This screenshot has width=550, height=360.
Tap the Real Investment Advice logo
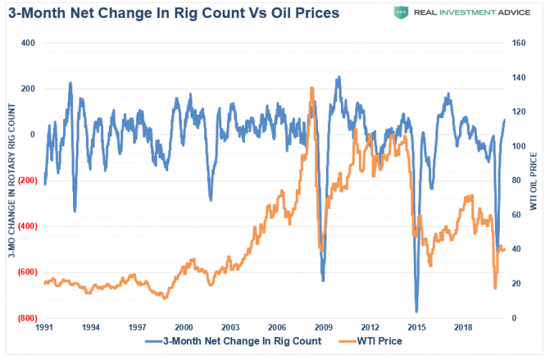(461, 12)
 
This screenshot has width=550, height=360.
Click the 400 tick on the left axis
(28, 43)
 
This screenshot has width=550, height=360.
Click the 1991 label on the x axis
(44, 327)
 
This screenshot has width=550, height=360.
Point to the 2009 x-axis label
(323, 327)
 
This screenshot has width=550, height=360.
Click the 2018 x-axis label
(463, 327)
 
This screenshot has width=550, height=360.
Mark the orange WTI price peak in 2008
(312, 88)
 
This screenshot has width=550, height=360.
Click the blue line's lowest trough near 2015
(416, 311)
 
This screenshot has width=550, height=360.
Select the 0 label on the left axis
(32, 135)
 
